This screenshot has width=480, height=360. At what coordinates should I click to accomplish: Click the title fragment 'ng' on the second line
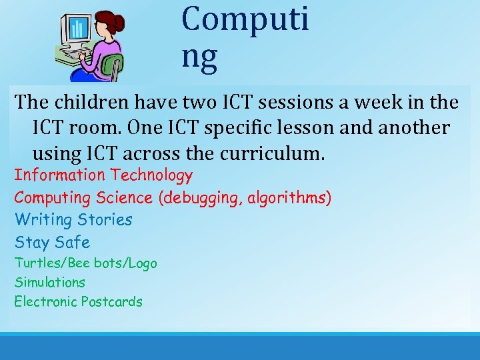[199, 57]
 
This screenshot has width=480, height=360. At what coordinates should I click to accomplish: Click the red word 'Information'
[60, 175]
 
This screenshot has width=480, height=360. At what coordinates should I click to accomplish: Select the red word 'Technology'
[151, 175]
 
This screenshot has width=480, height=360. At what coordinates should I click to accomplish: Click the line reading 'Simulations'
[50, 282]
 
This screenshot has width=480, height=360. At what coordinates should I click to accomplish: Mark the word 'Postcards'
[112, 301]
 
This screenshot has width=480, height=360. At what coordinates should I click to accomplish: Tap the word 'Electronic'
[45, 301]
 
